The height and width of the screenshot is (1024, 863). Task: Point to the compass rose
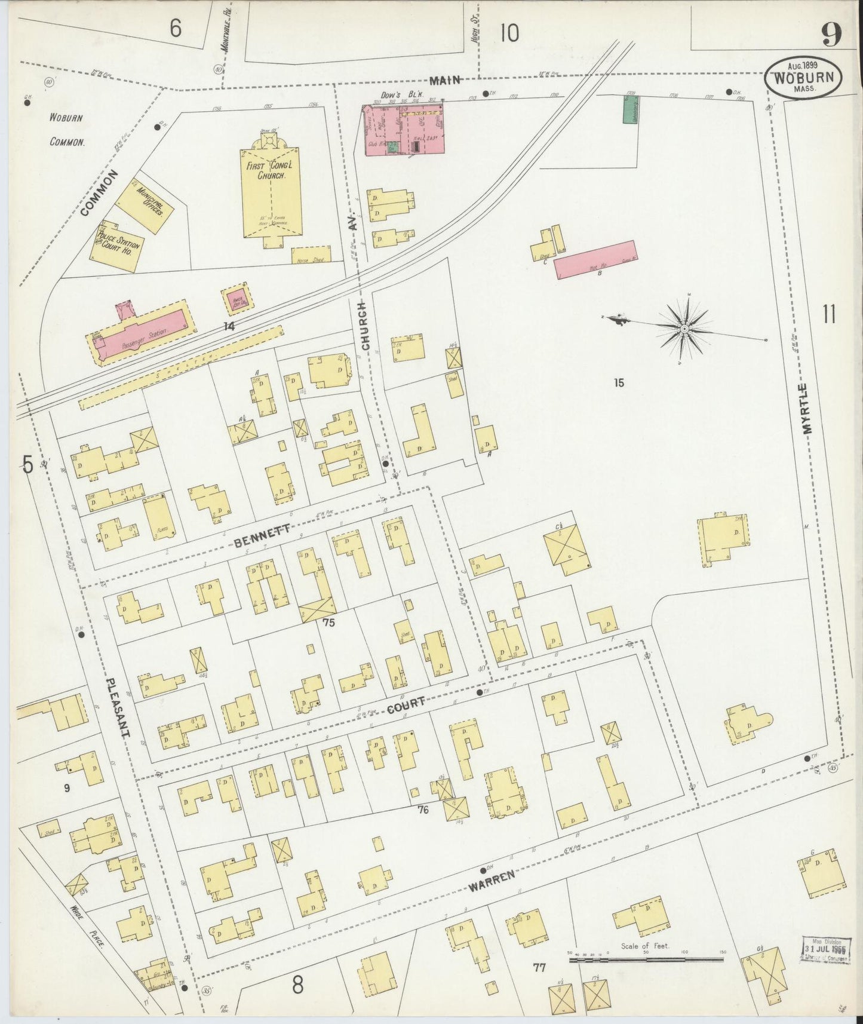tap(684, 328)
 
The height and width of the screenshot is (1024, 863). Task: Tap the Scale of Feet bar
tap(645, 959)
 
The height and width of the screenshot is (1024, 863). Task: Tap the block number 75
tap(328, 622)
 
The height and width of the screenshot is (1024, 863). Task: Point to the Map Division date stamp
tap(825, 949)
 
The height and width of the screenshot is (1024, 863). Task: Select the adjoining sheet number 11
tap(829, 314)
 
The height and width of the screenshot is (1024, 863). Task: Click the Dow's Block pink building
tap(404, 130)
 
